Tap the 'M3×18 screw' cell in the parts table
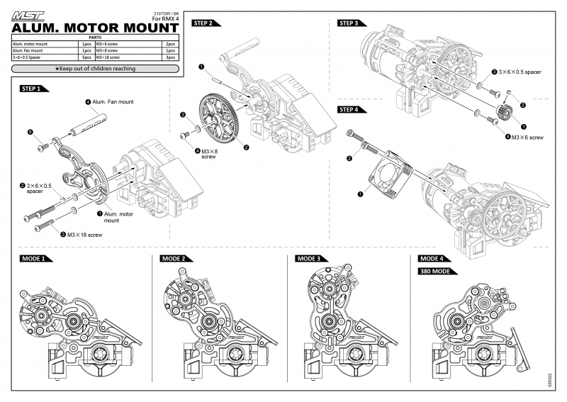(x=126, y=57)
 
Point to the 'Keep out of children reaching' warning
(x=95, y=69)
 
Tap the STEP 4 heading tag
(x=351, y=110)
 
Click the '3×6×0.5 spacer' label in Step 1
(x=40, y=188)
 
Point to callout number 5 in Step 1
(x=30, y=132)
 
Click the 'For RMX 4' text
(x=166, y=19)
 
